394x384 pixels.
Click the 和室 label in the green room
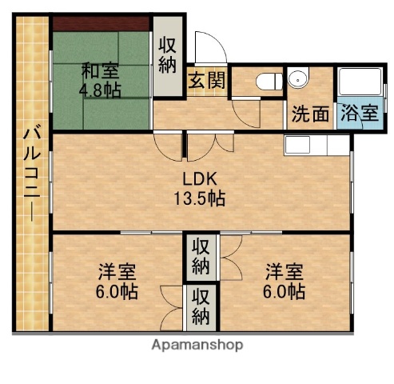pos(100,70)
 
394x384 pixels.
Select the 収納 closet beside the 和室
pos(167,56)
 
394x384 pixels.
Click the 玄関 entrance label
pos(206,80)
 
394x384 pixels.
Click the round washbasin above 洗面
pos(298,79)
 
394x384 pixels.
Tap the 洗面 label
pos(309,114)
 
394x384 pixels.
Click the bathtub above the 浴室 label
pos(358,83)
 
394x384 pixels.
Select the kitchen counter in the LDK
pos(316,145)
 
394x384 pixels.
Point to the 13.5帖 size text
pos(201,198)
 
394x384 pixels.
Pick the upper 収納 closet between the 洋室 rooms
pos(201,257)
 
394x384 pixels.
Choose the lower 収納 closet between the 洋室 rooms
pos(201,305)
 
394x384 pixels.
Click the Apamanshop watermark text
pos(197,346)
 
